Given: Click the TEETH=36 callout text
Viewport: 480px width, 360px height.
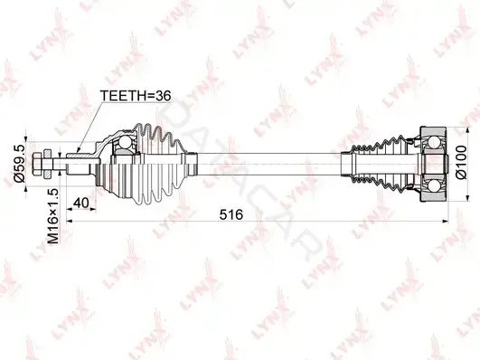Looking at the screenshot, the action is (x=136, y=96).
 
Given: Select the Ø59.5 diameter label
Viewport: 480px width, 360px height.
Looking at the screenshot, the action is (x=19, y=164).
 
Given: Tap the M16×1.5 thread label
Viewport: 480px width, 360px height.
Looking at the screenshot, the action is (x=52, y=216).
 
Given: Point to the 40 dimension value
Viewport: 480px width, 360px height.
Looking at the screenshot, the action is (x=81, y=203).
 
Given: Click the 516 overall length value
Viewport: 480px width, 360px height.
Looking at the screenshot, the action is (x=231, y=214).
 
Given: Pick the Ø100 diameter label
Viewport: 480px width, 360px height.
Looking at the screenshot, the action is (x=461, y=163).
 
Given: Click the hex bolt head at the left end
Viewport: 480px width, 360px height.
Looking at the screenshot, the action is (x=36, y=164).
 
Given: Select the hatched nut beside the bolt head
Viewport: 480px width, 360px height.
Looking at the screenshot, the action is (x=47, y=164).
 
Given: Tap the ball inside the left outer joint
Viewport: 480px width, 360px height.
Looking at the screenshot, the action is (x=125, y=142).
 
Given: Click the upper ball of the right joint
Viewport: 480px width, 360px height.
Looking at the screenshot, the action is (x=434, y=142).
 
